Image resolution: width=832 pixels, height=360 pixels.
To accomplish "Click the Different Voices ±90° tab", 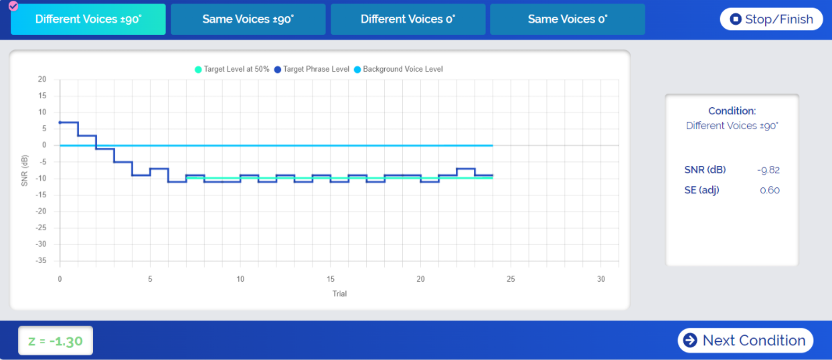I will click(88, 19).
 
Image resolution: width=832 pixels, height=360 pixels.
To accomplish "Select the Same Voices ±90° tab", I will click(248, 19).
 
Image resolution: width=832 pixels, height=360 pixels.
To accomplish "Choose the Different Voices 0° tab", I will click(407, 19).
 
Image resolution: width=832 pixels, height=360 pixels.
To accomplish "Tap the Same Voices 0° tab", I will click(567, 19).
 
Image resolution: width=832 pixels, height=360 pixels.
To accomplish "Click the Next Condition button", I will click(745, 341).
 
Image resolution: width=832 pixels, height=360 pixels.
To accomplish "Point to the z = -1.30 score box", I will click(56, 341).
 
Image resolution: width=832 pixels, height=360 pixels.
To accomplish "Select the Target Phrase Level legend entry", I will click(312, 69).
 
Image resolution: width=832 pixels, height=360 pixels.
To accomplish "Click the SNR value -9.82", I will click(768, 170).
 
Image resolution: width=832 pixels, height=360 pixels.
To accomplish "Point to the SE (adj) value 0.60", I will click(770, 190).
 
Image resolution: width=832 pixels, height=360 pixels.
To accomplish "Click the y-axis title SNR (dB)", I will click(25, 171).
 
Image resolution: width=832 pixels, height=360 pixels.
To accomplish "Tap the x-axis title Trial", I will click(339, 293).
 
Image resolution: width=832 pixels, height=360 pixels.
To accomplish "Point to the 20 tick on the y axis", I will click(41, 79).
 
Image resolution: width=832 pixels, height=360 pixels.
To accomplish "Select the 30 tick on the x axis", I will click(601, 279).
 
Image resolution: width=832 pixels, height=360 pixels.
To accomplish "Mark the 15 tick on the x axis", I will click(331, 279).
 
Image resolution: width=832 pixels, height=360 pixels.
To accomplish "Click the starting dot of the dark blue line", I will click(60, 122).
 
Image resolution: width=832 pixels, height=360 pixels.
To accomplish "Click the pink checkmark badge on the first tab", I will click(13, 6).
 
